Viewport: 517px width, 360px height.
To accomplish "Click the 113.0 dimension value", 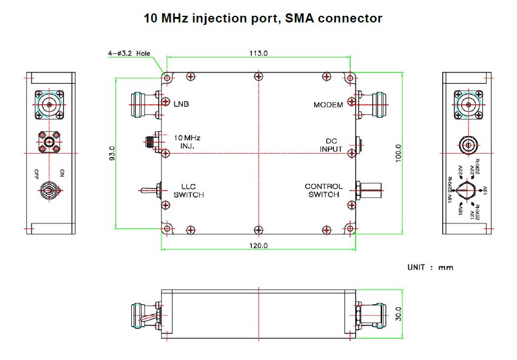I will click(x=258, y=53).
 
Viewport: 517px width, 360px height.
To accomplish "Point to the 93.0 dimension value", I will click(x=111, y=153).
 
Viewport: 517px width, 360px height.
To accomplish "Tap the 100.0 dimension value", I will click(x=399, y=152).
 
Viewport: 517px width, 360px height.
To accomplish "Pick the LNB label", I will click(x=181, y=104).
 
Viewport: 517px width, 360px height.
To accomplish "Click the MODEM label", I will click(x=328, y=104).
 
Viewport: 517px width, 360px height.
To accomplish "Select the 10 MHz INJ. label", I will click(x=187, y=141).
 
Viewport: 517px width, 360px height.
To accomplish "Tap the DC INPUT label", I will click(x=331, y=144).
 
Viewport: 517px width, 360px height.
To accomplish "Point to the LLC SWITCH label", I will click(x=188, y=191).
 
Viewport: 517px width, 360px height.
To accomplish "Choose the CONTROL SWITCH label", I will click(x=324, y=191).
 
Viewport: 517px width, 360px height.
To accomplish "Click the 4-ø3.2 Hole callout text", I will click(x=129, y=53).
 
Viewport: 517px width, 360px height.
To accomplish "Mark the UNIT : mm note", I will click(x=430, y=267).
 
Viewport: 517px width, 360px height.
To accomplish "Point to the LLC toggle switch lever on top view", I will click(x=146, y=191).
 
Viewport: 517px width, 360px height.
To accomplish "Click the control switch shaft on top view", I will click(x=372, y=191).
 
